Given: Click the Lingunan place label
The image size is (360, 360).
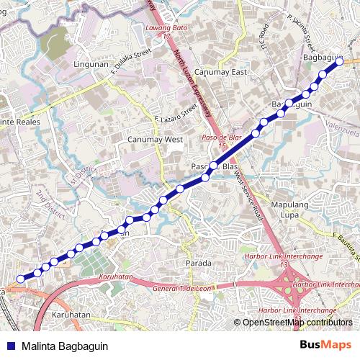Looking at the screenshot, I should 91,64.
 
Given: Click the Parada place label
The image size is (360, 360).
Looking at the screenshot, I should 199,263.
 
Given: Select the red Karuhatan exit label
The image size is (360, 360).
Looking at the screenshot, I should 117,276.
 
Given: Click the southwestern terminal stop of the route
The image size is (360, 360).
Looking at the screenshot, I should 20,278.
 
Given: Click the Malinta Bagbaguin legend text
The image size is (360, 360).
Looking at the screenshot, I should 65,346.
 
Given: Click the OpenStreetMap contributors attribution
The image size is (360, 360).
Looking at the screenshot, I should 297,323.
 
